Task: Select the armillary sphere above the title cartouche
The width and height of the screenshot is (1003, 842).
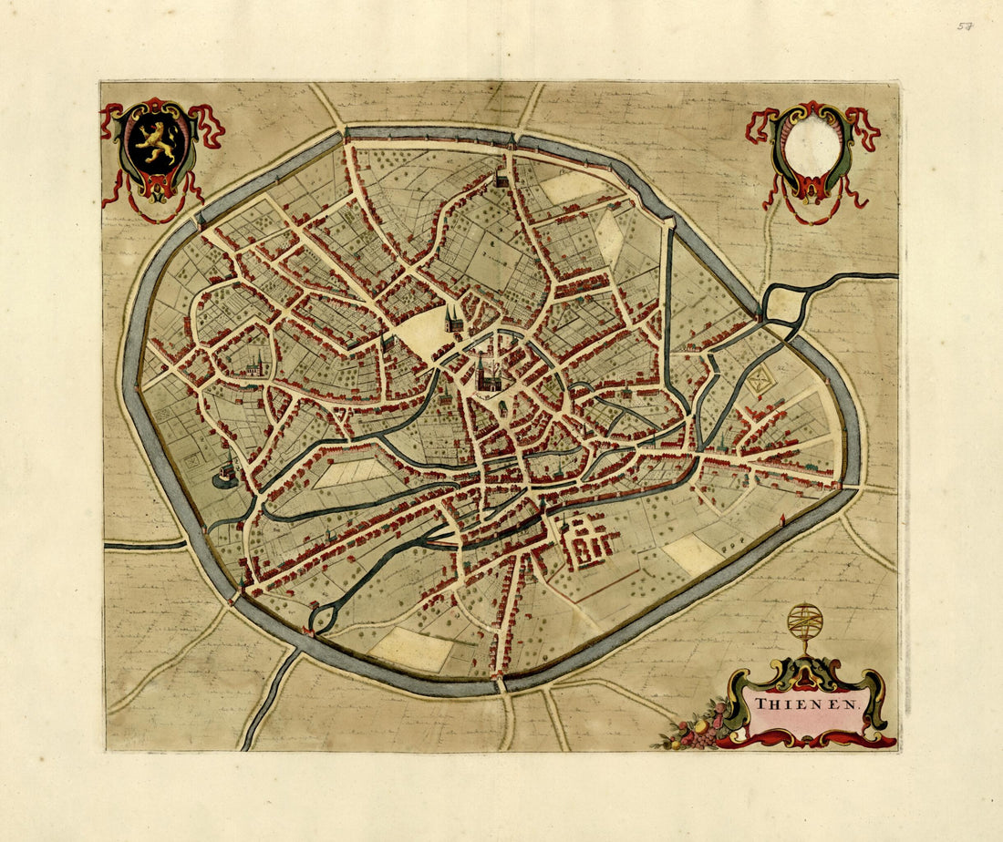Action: click(805, 623)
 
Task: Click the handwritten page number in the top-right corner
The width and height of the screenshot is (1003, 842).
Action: click(965, 26)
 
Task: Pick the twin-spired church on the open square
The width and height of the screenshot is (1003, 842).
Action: click(453, 319)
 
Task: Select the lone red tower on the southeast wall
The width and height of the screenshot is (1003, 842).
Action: click(782, 520)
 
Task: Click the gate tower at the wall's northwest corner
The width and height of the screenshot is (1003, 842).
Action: click(347, 137)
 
